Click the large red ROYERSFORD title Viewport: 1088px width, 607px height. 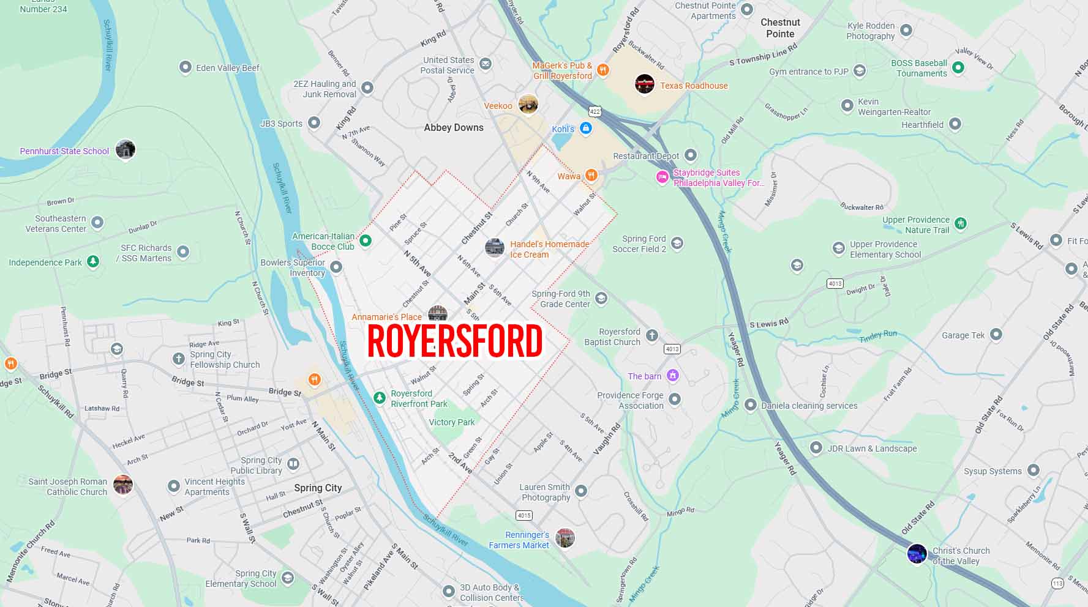click(x=454, y=341)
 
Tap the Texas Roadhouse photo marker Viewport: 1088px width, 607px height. click(x=644, y=84)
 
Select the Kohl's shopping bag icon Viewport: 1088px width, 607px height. click(x=586, y=128)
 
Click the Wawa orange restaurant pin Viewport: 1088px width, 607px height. click(x=591, y=176)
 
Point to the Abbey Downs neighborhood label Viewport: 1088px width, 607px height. click(x=454, y=127)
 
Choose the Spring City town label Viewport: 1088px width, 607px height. click(x=318, y=488)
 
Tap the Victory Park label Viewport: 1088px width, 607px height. click(x=452, y=422)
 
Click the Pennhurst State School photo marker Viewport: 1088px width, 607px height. click(x=126, y=149)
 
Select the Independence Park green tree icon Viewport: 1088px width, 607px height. click(x=92, y=262)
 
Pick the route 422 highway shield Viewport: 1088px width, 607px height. click(x=595, y=111)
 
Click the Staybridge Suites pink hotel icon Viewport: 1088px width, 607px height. click(x=662, y=177)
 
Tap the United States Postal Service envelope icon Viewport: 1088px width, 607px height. click(x=486, y=64)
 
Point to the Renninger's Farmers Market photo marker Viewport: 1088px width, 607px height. click(x=565, y=538)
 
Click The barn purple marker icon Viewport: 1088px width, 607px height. click(x=673, y=375)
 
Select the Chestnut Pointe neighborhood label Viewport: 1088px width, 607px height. click(x=780, y=28)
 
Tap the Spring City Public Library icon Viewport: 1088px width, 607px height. click(x=293, y=464)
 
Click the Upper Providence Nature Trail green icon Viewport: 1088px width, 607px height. click(x=961, y=223)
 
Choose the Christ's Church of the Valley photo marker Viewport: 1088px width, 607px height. click(x=917, y=553)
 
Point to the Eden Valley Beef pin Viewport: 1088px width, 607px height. click(x=185, y=67)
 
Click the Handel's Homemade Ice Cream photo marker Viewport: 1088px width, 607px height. click(x=494, y=248)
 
